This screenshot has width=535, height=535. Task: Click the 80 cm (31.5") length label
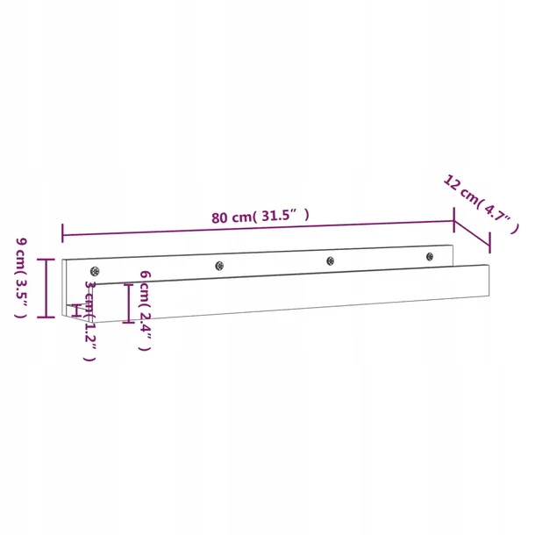pos(260,217)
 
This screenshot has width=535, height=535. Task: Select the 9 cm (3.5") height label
pos(22,277)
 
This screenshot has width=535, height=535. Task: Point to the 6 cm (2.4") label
pos(146,310)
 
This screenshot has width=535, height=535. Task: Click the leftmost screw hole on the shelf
pos(96,272)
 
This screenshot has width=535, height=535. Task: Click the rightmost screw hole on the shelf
pos(430,255)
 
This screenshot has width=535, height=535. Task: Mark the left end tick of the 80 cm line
pos(62,232)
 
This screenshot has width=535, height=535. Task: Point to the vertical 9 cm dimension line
pos(49,288)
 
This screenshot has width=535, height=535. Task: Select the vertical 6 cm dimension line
pos(128,303)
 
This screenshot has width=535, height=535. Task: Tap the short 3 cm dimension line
pos(78,310)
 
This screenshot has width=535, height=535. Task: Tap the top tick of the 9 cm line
pos(49,260)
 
